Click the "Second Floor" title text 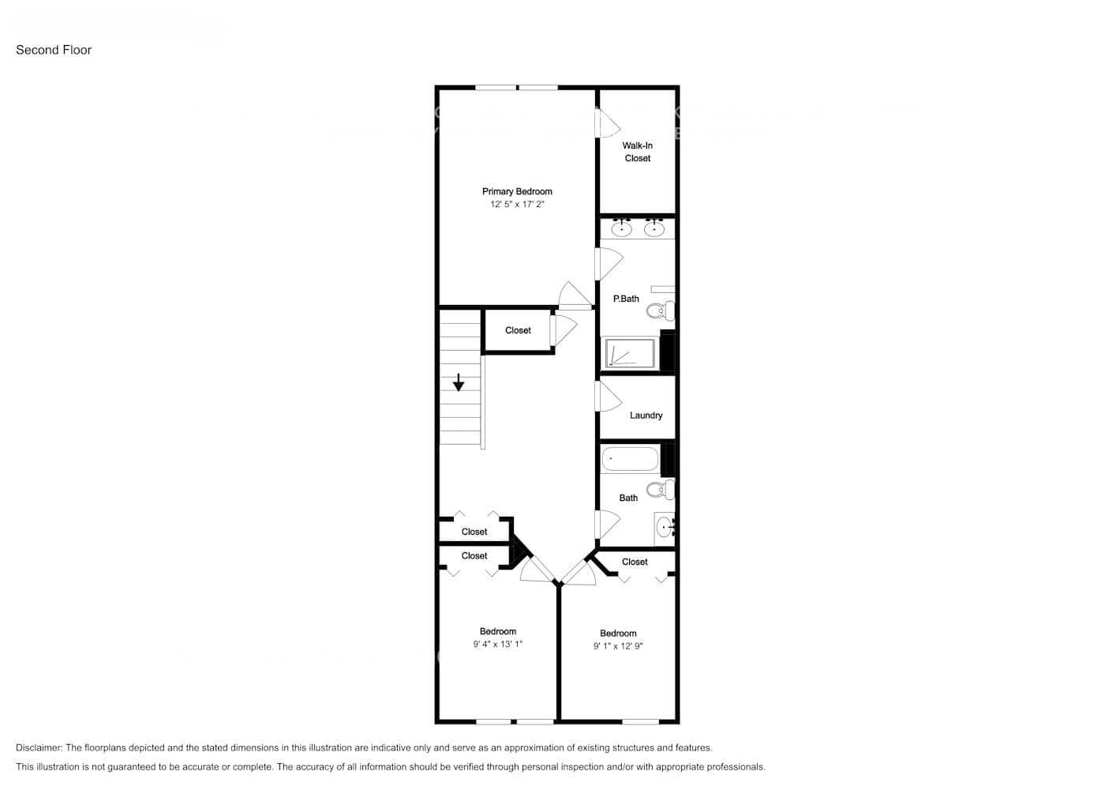[54, 50]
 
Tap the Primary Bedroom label [517, 191]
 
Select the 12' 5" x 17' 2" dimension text [517, 204]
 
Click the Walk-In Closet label [638, 152]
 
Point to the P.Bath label [626, 299]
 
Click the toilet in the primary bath [660, 310]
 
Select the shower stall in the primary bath [630, 353]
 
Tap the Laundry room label [646, 416]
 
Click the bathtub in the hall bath [630, 459]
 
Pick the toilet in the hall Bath [660, 490]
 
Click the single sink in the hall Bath [665, 525]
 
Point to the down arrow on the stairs [459, 383]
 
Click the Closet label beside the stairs [518, 330]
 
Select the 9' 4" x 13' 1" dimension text [497, 644]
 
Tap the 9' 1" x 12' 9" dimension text [618, 645]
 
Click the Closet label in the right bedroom [635, 562]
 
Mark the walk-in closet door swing [608, 123]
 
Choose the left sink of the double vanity [622, 229]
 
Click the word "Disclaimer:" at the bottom [39, 747]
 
